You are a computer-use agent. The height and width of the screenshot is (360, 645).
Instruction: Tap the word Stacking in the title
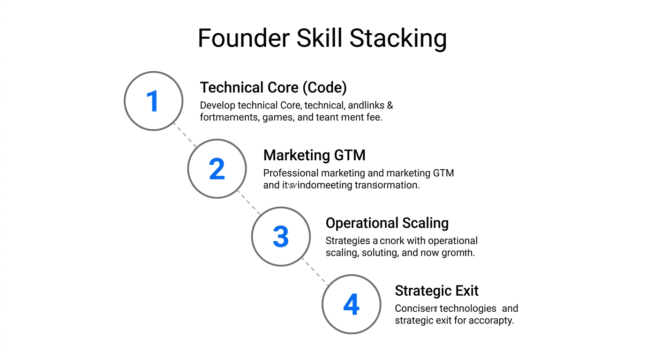pyautogui.click(x=398, y=38)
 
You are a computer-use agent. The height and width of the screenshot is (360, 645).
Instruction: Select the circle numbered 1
pyautogui.click(x=153, y=101)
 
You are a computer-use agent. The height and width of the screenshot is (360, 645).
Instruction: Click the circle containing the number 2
pyautogui.click(x=217, y=169)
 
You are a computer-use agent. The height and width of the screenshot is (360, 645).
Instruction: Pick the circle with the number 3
pyautogui.click(x=280, y=236)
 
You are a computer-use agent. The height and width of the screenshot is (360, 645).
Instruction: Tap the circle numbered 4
pyautogui.click(x=351, y=304)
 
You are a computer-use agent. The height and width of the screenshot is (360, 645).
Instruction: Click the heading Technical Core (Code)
pyautogui.click(x=273, y=87)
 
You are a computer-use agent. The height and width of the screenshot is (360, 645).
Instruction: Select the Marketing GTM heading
pyautogui.click(x=314, y=155)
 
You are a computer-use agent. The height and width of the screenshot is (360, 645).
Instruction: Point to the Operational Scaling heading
pyautogui.click(x=387, y=223)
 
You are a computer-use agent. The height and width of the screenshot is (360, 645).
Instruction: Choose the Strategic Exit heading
pyautogui.click(x=436, y=291)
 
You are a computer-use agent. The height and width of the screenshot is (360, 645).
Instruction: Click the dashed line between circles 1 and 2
pyautogui.click(x=185, y=135)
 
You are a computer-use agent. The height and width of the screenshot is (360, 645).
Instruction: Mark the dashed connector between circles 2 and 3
pyautogui.click(x=248, y=202)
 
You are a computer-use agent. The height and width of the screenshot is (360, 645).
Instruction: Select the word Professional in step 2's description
pyautogui.click(x=291, y=173)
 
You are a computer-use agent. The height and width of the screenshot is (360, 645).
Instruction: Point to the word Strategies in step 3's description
pyautogui.click(x=347, y=241)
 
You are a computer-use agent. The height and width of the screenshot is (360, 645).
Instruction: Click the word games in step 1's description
pyautogui.click(x=278, y=117)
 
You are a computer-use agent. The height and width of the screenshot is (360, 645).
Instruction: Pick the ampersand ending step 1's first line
pyautogui.click(x=390, y=105)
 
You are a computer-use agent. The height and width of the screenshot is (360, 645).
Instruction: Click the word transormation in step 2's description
pyautogui.click(x=387, y=185)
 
